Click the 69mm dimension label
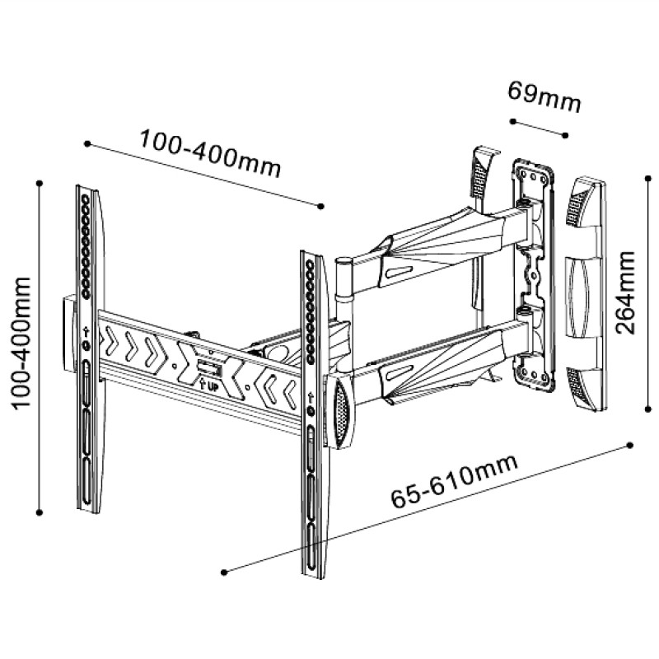pos(544,96)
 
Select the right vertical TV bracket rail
pos(313,412)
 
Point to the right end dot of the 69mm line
pos(567,135)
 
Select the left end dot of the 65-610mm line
pos(225,570)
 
